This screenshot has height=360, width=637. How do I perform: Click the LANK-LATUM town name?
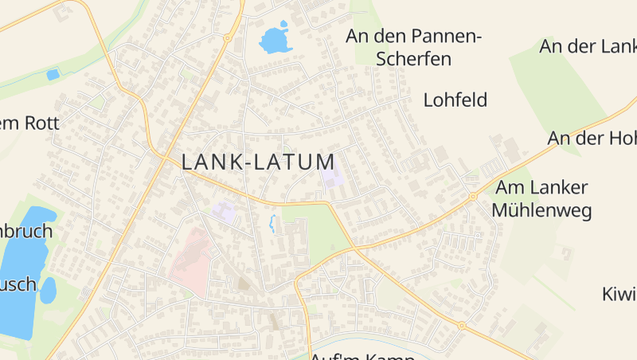pyautogui.click(x=258, y=162)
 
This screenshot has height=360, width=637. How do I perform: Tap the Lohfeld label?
pyautogui.click(x=455, y=100)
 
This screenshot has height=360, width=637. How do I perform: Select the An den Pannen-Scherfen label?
pyautogui.click(x=413, y=47)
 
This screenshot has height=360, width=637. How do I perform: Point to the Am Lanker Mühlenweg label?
pyautogui.click(x=541, y=199)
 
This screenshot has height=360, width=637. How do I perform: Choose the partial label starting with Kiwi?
pyautogui.click(x=619, y=294)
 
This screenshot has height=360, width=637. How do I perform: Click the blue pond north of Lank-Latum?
pyautogui.click(x=275, y=39)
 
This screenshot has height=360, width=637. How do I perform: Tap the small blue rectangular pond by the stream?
pyautogui.click(x=53, y=75)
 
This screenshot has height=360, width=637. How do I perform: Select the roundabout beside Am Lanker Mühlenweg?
pyautogui.click(x=472, y=196)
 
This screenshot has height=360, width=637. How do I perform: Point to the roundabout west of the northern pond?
pyautogui.click(x=227, y=37)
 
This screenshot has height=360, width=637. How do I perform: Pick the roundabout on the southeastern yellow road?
pyautogui.click(x=461, y=325)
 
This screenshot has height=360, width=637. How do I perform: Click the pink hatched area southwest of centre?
pyautogui.click(x=191, y=255)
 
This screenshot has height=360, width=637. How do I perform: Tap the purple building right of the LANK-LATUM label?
pyautogui.click(x=330, y=176)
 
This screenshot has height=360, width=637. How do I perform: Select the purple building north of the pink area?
pyautogui.click(x=224, y=212)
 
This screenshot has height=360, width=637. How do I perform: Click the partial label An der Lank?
pyautogui.click(x=588, y=46)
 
